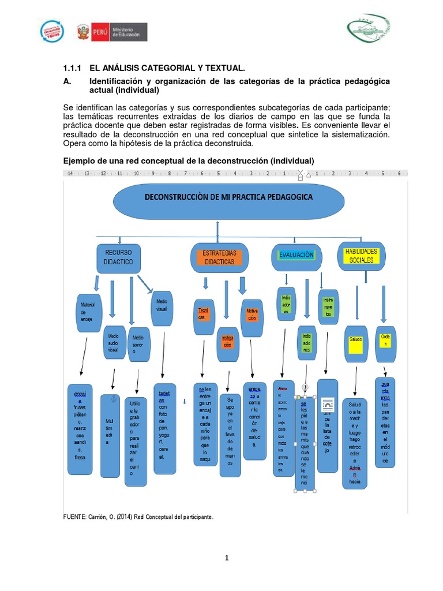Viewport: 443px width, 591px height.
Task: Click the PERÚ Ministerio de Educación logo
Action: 112,32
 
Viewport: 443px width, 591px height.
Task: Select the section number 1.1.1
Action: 74,68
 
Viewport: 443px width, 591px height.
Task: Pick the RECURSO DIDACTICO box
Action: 119,257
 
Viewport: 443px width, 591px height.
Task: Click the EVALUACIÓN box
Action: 296,256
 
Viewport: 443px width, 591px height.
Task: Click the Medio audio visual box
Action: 113,342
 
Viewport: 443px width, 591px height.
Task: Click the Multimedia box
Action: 110,430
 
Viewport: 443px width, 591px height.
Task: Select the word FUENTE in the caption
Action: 74,517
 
